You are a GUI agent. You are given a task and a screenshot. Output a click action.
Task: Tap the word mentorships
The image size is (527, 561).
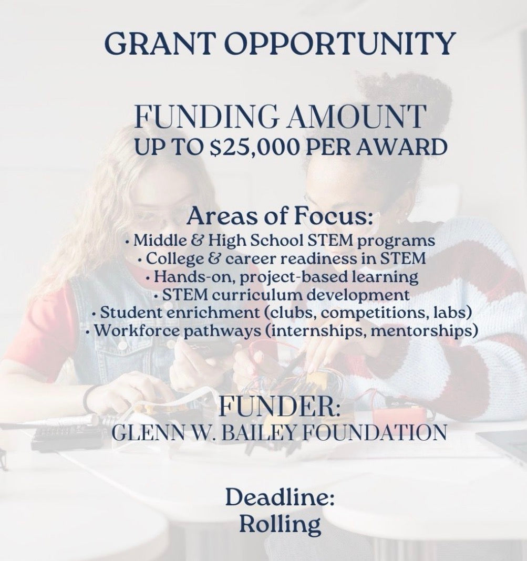click(x=422, y=331)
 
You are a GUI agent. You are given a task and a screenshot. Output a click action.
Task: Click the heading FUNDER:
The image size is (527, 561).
click(x=278, y=407)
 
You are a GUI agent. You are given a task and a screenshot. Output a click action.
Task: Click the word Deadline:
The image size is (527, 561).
click(x=280, y=497)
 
